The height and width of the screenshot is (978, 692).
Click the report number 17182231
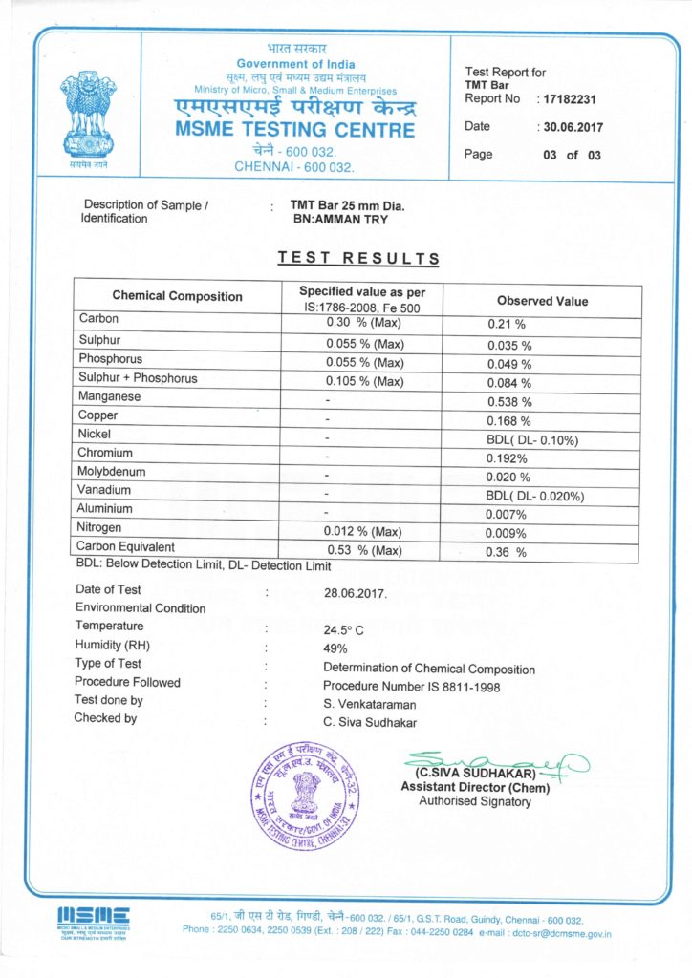tap(571, 98)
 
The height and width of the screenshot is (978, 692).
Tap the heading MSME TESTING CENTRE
tap(295, 130)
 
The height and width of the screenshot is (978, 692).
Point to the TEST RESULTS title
tap(358, 258)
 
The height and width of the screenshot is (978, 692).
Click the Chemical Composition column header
tap(178, 296)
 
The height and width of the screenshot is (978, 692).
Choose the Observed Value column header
tap(542, 301)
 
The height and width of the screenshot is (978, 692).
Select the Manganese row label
tap(110, 396)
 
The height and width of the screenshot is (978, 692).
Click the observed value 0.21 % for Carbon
tap(507, 324)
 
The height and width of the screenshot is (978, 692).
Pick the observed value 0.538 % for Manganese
tap(510, 402)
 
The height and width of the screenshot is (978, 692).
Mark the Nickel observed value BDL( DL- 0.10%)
tap(533, 440)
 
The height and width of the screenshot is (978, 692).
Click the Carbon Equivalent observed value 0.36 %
tap(508, 552)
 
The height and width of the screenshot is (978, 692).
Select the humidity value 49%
tap(335, 648)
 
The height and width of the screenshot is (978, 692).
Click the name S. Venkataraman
tap(372, 704)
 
